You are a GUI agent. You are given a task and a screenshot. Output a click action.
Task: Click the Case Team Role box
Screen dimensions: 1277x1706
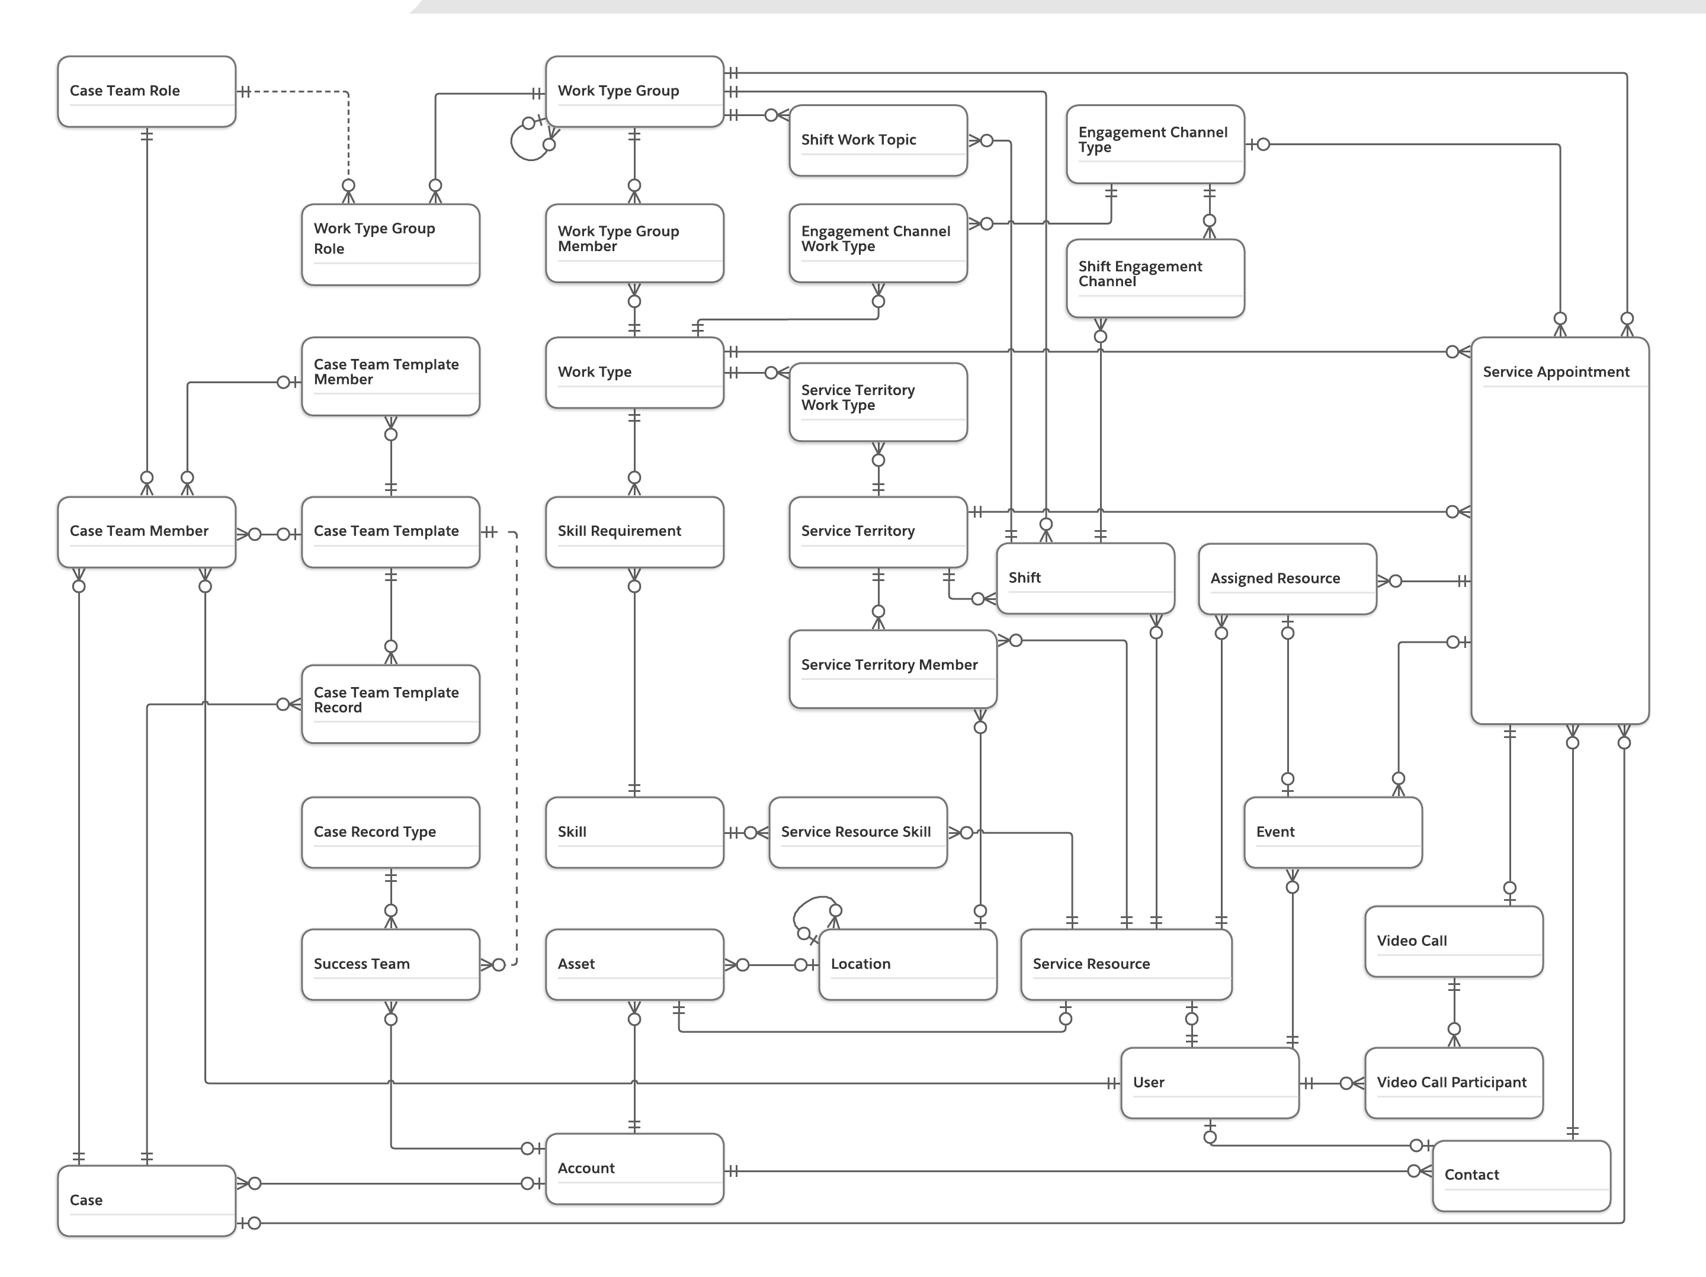click(x=146, y=91)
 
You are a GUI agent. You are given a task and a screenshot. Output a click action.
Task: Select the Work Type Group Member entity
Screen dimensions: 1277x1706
click(x=634, y=243)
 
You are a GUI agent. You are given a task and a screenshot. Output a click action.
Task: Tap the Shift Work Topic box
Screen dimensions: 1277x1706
click(x=878, y=140)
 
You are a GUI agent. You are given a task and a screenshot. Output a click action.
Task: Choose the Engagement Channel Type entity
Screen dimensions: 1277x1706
click(x=1155, y=143)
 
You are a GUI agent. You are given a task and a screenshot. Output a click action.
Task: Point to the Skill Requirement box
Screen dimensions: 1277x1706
click(x=634, y=531)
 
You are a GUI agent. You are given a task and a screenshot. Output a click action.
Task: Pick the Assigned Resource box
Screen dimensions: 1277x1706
click(x=1287, y=578)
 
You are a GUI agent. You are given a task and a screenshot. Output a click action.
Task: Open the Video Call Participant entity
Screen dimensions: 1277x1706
click(x=1453, y=1083)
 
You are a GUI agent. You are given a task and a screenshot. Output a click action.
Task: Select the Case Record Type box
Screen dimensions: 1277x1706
click(x=390, y=832)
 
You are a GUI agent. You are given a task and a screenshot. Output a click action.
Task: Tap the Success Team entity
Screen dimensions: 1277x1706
click(x=390, y=964)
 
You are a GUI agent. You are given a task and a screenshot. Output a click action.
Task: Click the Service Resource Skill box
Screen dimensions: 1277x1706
click(x=858, y=832)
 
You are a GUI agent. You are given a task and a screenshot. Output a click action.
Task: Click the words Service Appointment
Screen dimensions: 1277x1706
click(x=1556, y=372)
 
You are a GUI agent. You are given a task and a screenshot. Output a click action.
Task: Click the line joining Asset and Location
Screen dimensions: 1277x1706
click(x=771, y=965)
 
